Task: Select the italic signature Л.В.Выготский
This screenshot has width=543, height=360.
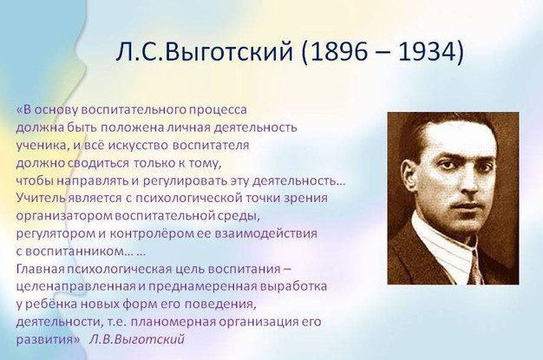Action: click(137, 339)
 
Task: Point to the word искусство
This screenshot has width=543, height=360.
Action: click(139, 145)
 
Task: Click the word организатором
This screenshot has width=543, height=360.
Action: click(64, 216)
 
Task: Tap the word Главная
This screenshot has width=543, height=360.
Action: click(41, 269)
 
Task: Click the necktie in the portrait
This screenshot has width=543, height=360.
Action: click(474, 271)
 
